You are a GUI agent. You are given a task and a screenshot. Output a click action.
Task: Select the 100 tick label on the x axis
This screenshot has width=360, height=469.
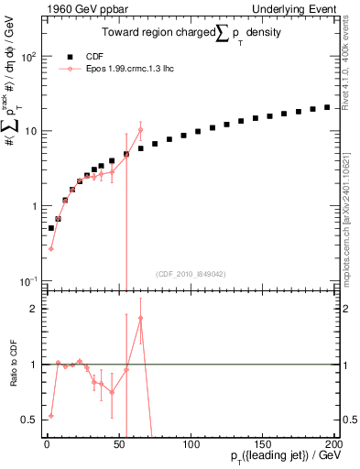click(190, 444)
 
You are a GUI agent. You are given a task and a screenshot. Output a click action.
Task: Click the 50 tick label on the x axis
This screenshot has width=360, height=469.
click(117, 444)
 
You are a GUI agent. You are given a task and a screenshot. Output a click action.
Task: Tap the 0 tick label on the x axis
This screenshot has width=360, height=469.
click(46, 444)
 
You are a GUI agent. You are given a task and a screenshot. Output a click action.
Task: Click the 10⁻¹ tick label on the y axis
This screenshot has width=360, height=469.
click(26, 280)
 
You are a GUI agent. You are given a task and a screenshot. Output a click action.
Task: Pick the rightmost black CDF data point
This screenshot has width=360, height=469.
click(327, 107)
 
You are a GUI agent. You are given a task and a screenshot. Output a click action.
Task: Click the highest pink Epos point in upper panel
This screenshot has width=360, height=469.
click(140, 130)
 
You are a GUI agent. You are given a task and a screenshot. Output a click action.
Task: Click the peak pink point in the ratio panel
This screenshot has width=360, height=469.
click(140, 318)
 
